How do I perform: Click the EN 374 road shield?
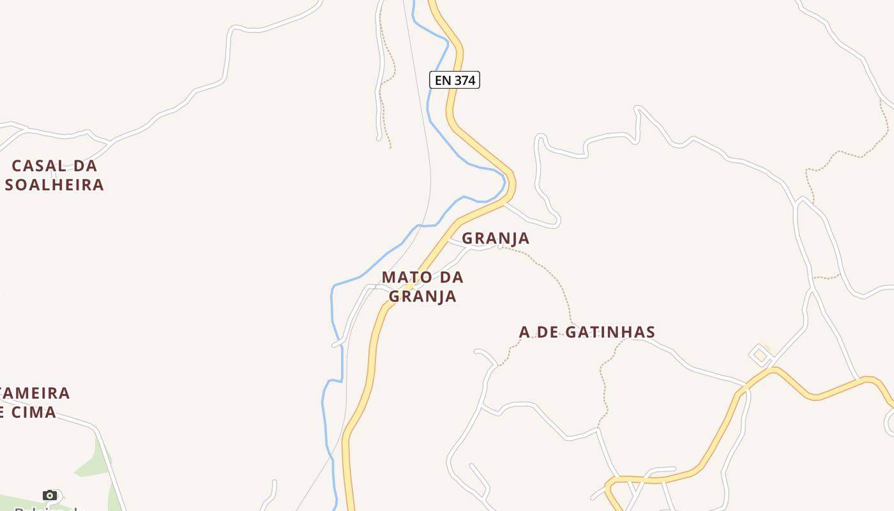pos(454,80)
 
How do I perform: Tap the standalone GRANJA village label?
pos(496,238)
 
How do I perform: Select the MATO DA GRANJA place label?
pos(423,287)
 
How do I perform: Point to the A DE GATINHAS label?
pos(587,332)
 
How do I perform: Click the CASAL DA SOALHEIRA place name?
pos(54,175)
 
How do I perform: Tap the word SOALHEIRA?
pos(54,185)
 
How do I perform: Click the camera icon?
pos(49,495)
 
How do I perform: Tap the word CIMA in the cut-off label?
pos(33,413)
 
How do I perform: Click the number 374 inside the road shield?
pos(464,80)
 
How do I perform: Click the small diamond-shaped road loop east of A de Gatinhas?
pos(760,355)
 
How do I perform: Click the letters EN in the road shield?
pos(443,80)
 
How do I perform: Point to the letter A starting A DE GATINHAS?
pos(525,332)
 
